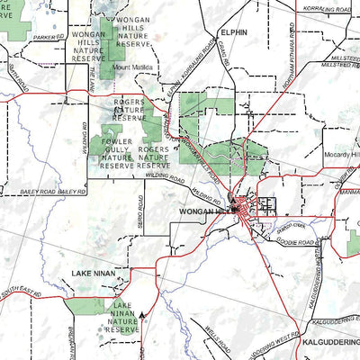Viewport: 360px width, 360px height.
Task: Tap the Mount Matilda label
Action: click(134, 68)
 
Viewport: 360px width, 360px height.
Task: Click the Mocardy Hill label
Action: click(341, 155)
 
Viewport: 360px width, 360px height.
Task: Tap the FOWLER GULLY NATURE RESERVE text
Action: click(117, 153)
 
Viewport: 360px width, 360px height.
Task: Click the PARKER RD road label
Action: click(45, 38)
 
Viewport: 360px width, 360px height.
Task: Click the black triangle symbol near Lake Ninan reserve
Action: click(142, 316)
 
